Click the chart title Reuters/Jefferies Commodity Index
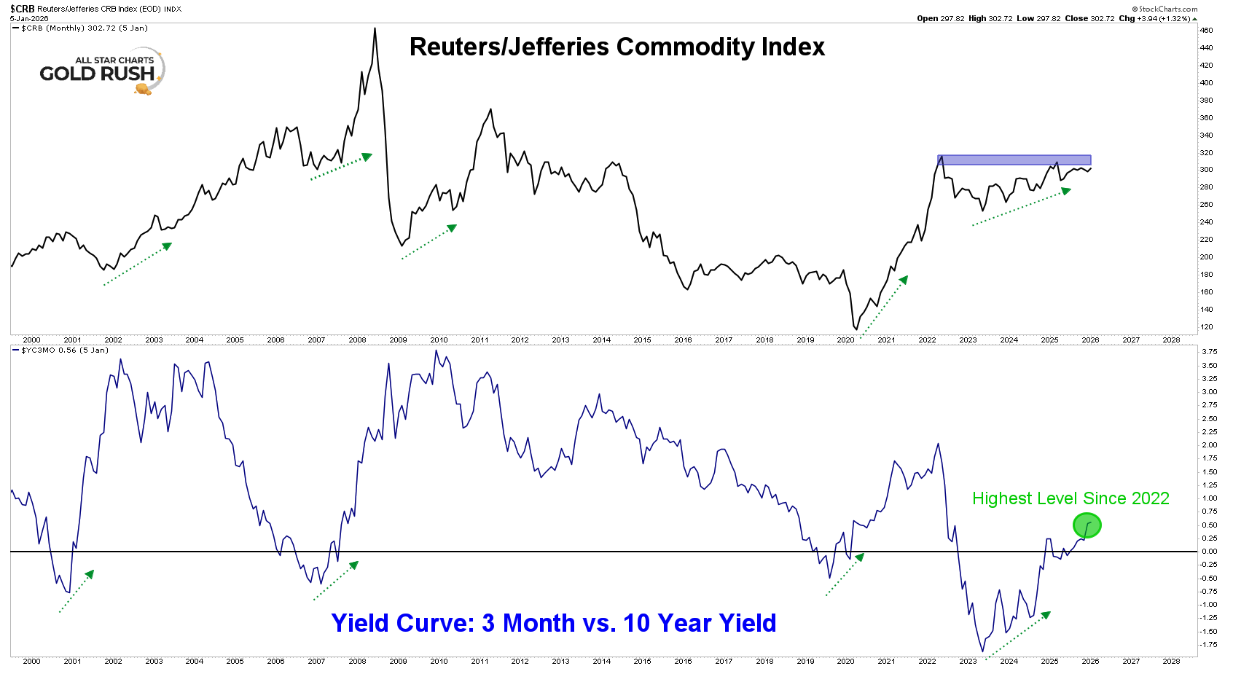616,47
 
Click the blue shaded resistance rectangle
1014,160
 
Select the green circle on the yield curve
1087,525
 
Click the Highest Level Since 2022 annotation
1070,498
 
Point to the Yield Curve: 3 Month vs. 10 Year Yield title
553,623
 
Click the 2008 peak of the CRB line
375,29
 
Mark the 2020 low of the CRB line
856,329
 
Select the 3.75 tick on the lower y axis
1209,352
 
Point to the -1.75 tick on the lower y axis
1208,645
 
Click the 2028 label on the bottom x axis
1171,662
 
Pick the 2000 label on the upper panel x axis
31,340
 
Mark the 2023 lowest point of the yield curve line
982,651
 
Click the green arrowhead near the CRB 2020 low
904,280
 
